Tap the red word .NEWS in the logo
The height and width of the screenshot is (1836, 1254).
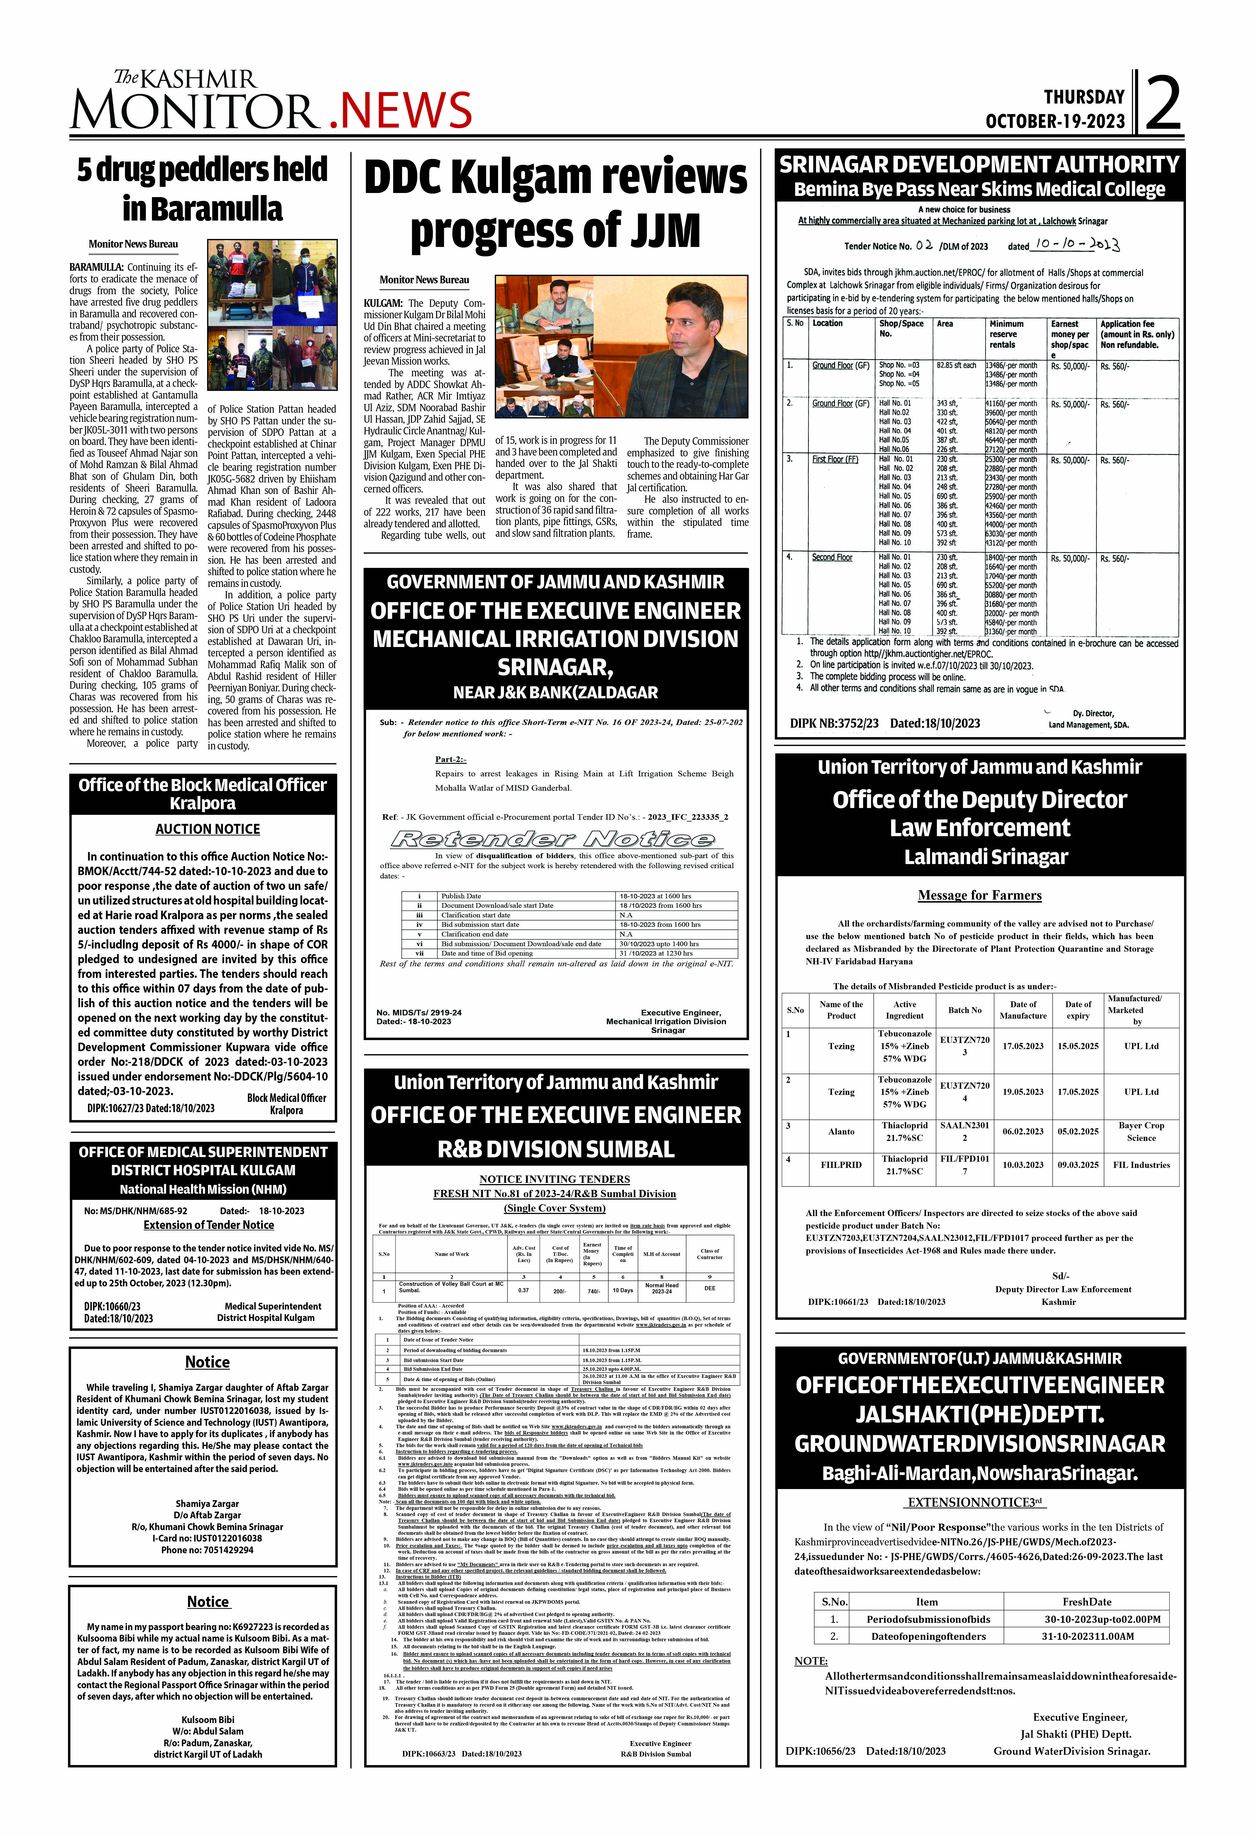(400, 110)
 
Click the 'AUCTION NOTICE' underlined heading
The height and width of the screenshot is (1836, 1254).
(208, 829)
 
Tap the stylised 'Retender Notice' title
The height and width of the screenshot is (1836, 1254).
(553, 839)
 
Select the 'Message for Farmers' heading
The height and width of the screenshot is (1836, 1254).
(980, 895)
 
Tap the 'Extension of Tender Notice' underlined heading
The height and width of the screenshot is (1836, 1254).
(209, 1224)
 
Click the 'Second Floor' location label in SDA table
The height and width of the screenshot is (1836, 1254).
(832, 558)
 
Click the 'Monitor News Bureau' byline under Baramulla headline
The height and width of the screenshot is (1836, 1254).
(133, 244)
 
